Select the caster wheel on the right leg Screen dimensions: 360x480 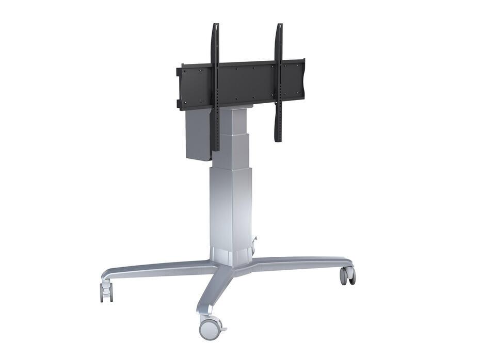tap(347, 275)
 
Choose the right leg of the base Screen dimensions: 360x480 tap(305, 261)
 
